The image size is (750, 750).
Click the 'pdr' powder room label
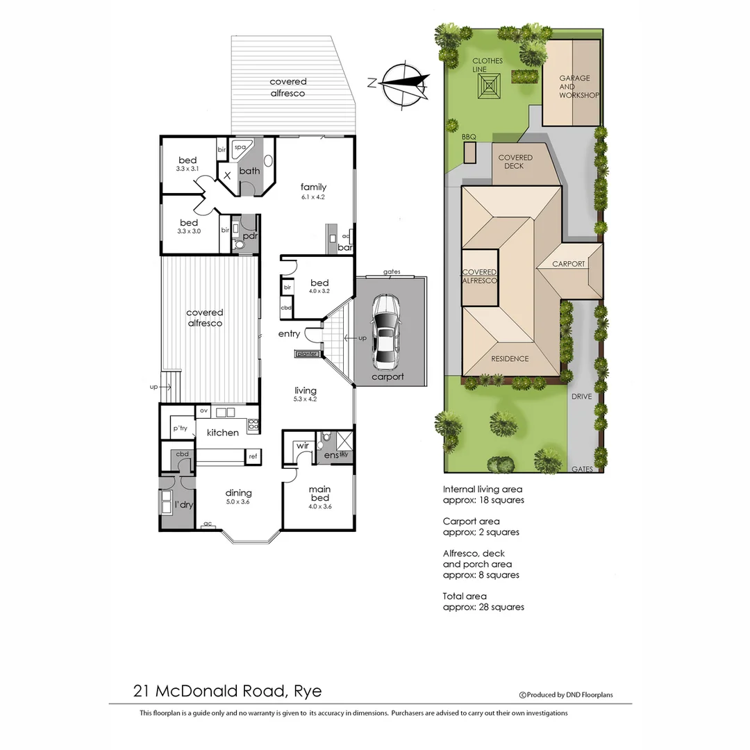250,235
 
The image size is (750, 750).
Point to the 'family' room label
313,187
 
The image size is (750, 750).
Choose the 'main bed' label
319,494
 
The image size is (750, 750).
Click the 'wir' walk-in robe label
302,445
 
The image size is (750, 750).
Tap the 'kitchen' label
223,433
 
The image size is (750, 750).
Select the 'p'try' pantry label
181,428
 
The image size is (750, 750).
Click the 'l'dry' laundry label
183,505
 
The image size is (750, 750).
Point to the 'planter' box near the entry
307,354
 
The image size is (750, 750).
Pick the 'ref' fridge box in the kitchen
253,456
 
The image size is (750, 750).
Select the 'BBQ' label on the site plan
469,137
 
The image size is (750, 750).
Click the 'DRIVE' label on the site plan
581,397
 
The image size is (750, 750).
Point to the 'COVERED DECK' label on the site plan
515,162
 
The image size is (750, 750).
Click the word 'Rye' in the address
308,691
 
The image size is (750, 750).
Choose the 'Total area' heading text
465,596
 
